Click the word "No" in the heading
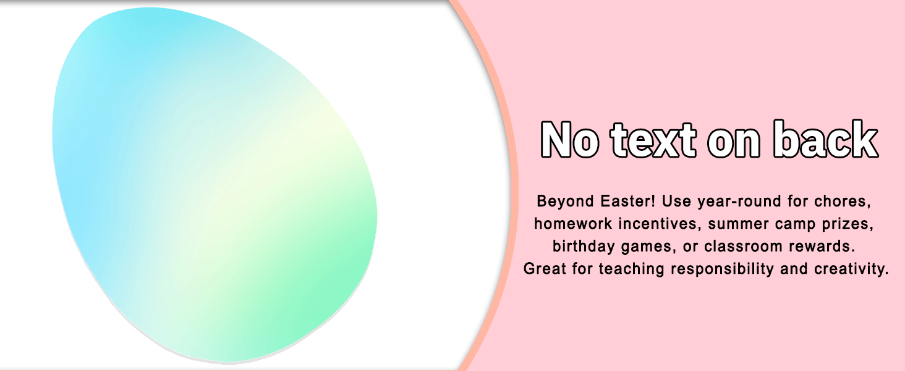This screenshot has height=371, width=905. point(570,140)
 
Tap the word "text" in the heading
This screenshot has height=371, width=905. point(653,140)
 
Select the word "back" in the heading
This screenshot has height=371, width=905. point(825,139)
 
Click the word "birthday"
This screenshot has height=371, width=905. point(584,246)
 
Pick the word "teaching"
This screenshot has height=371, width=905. point(632,269)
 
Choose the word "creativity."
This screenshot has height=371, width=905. point(851,269)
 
